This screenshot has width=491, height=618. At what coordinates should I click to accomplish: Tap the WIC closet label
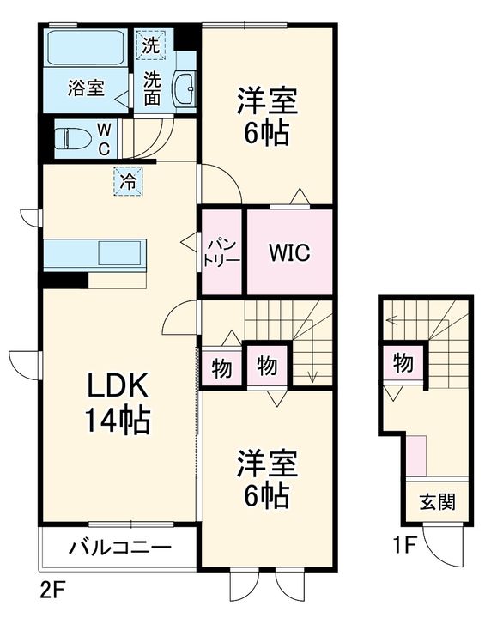(289, 252)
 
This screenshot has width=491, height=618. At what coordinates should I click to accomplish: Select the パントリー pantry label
(222, 252)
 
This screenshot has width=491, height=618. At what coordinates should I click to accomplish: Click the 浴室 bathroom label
(86, 88)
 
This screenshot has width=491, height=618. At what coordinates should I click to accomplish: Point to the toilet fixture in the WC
(72, 139)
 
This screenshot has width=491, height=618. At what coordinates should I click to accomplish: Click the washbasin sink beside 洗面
(184, 88)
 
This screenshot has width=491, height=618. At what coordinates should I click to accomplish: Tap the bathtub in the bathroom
(86, 46)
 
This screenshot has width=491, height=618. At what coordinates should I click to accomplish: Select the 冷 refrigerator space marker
(129, 182)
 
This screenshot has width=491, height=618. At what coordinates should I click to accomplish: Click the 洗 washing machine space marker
(151, 45)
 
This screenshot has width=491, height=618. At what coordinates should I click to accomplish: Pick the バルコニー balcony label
(120, 548)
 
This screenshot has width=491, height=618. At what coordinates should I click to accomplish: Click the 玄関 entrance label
(438, 502)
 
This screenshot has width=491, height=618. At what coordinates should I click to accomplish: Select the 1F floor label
(404, 546)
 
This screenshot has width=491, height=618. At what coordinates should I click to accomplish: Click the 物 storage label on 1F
(403, 362)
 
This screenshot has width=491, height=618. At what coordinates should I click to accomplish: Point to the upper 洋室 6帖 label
(267, 117)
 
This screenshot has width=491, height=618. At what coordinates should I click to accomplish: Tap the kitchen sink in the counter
(119, 253)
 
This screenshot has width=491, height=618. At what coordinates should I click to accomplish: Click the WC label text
(104, 140)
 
